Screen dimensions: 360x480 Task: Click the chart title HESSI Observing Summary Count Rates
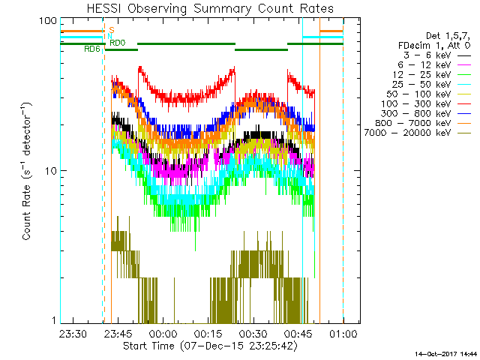coord(202,8)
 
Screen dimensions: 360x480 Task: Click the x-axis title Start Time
coord(202,346)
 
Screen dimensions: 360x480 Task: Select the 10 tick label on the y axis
coord(51,171)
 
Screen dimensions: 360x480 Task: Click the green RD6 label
coord(91,49)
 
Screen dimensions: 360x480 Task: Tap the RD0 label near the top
coord(118,43)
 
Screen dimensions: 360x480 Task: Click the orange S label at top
coord(111,30)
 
